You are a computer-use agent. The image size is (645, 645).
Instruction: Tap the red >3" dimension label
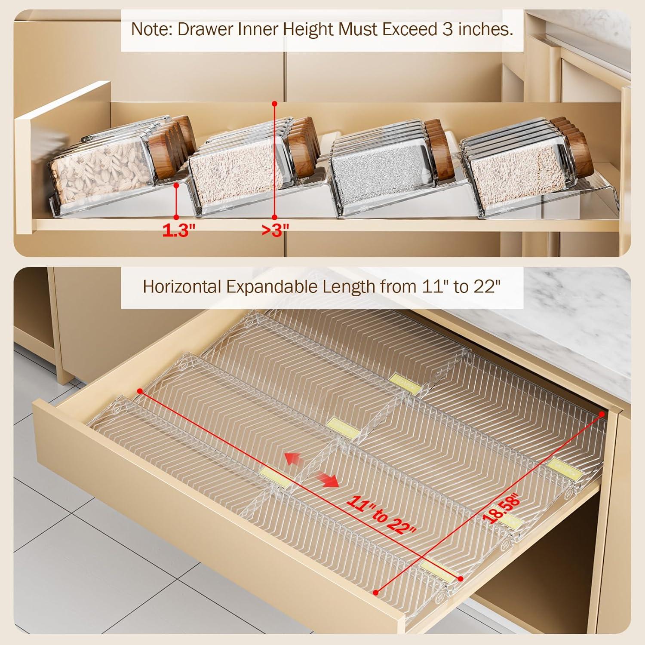pos(275,231)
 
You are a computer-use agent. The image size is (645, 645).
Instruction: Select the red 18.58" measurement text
pos(502,510)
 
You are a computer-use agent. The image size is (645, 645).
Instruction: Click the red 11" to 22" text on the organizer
pos(382,515)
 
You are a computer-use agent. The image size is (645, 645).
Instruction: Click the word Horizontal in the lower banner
pos(181,286)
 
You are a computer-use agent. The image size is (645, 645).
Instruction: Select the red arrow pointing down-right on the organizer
pos(329,481)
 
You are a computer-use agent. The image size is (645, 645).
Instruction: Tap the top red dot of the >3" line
pos(274,104)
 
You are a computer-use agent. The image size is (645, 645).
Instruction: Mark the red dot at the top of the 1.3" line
pos(176,185)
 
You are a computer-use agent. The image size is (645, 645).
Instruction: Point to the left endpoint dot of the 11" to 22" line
pos(140,390)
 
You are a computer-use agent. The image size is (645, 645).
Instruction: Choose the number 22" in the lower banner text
pos(489,286)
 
